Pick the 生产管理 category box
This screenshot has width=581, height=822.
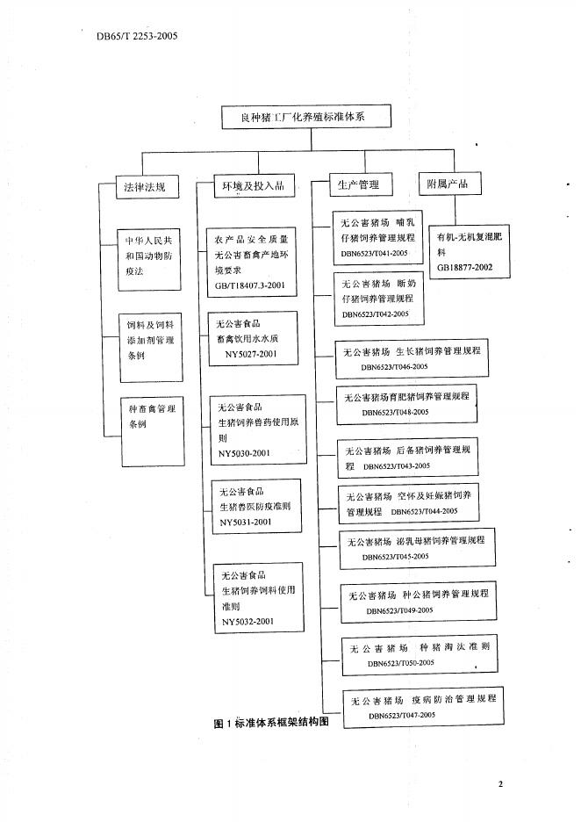[358, 185]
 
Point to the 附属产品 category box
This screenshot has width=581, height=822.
[448, 184]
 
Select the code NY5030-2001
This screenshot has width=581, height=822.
[245, 453]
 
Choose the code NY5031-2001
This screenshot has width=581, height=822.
[246, 522]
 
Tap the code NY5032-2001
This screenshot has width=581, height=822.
[247, 621]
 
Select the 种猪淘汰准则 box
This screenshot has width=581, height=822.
[410, 654]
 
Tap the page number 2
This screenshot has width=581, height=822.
[500, 784]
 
